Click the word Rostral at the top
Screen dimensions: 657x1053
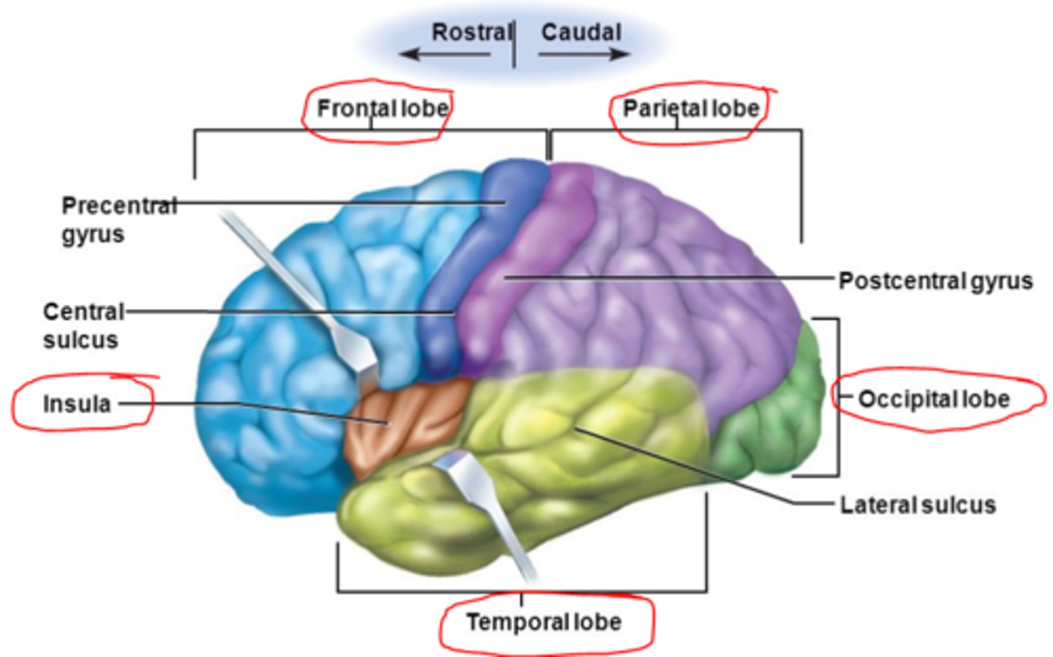pyautogui.click(x=472, y=32)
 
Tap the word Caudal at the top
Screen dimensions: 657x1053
pyautogui.click(x=581, y=32)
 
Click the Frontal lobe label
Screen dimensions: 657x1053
pyautogui.click(x=382, y=109)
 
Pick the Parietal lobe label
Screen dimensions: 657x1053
pyautogui.click(x=690, y=109)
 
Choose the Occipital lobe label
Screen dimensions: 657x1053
pyautogui.click(x=933, y=399)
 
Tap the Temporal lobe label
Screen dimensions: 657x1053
pyautogui.click(x=543, y=623)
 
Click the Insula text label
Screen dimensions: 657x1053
pyautogui.click(x=77, y=404)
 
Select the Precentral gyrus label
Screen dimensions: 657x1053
pyautogui.click(x=117, y=219)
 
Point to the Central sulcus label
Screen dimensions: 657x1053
pyautogui.click(x=83, y=326)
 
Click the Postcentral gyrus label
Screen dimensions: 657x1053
pyautogui.click(x=935, y=281)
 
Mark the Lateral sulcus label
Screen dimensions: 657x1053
pyautogui.click(x=917, y=506)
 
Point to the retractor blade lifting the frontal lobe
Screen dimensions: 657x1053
pyautogui.click(x=307, y=293)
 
